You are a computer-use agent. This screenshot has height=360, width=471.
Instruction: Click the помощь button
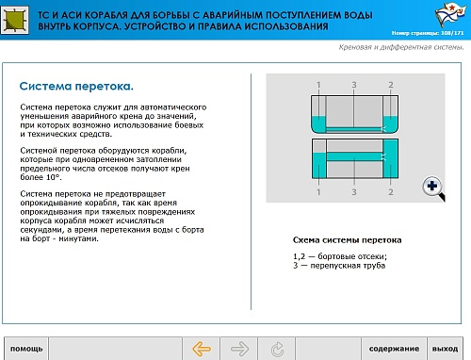click(x=26, y=349)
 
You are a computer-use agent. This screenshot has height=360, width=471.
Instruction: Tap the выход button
click(x=445, y=349)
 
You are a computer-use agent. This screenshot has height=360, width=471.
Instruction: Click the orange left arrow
click(x=202, y=349)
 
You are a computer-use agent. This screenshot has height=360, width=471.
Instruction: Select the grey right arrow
click(x=239, y=349)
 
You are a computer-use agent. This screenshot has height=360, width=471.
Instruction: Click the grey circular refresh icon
click(x=277, y=349)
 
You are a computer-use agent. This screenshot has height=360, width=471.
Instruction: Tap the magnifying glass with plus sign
click(x=433, y=188)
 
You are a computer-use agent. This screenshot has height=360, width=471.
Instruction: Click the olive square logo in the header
click(x=14, y=20)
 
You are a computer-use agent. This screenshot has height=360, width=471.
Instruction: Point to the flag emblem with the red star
click(x=449, y=14)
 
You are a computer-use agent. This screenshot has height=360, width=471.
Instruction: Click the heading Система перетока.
click(x=76, y=86)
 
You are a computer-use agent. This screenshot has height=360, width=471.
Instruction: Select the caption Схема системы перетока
click(x=347, y=240)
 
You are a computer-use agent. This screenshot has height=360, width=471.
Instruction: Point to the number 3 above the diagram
click(x=354, y=85)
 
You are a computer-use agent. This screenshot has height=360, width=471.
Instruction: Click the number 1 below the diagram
click(x=318, y=192)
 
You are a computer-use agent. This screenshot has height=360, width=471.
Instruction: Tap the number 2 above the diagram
click(x=391, y=85)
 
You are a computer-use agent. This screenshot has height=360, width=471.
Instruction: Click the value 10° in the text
click(x=53, y=177)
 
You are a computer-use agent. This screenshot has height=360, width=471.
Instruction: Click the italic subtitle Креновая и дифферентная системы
click(x=401, y=47)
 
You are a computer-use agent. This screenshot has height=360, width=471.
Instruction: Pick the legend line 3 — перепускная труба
click(x=339, y=266)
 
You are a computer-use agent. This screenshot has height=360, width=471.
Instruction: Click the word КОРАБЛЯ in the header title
click(x=106, y=15)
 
